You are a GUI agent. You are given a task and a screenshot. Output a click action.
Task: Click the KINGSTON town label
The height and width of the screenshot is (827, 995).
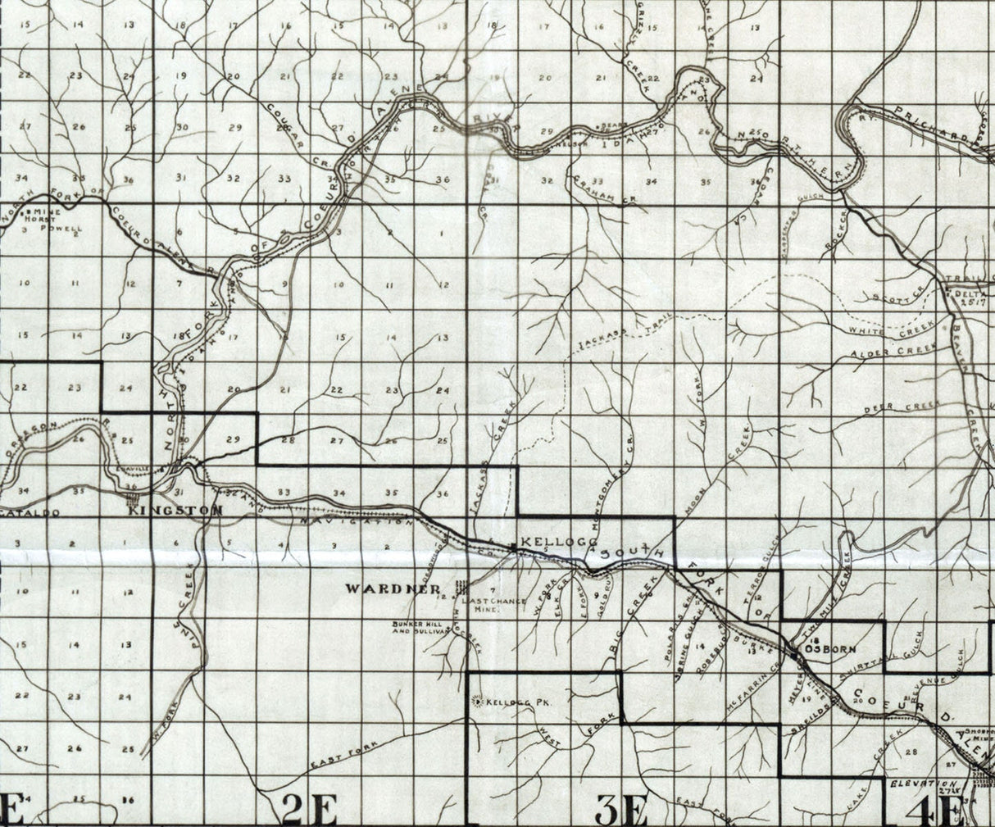tap(175, 511)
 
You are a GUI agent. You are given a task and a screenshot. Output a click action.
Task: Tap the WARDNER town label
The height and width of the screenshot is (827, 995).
tap(383, 588)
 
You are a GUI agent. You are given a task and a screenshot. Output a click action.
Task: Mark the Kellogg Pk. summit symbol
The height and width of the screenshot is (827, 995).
tap(478, 701)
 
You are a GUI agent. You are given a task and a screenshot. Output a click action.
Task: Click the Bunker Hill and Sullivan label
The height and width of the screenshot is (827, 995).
tap(420, 628)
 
